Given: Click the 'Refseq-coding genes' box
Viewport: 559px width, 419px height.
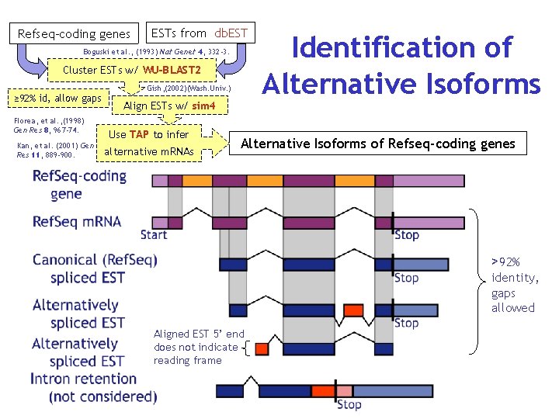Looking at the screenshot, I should [x=75, y=33].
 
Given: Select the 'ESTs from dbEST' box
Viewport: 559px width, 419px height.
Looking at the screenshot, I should [x=200, y=33].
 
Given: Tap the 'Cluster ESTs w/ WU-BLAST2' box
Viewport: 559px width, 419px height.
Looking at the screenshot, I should [x=132, y=71].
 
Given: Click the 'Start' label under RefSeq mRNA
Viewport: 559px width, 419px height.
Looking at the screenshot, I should [x=154, y=234].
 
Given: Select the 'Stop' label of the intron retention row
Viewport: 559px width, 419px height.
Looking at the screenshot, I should [x=349, y=404].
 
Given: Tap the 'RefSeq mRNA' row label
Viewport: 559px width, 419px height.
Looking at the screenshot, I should [x=76, y=222].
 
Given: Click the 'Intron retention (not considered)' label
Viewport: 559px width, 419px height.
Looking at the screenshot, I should [x=93, y=388].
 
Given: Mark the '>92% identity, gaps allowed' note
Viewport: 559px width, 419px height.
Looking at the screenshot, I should [x=514, y=285].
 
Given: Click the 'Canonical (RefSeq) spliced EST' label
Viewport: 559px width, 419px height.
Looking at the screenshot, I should [x=95, y=268].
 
